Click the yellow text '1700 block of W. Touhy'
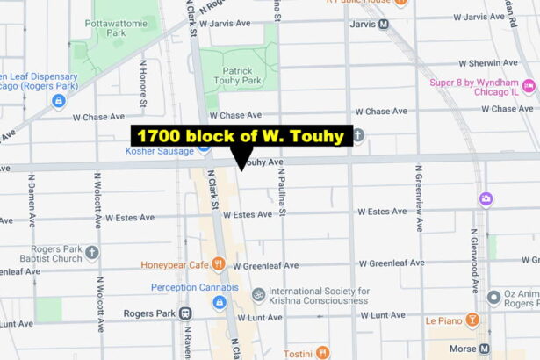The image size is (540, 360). click(x=241, y=135)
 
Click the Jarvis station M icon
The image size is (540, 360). click(x=383, y=24)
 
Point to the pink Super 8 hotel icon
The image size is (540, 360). click(x=529, y=85)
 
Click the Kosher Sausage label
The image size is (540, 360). click(x=162, y=149)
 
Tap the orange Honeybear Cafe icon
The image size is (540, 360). click(x=219, y=264)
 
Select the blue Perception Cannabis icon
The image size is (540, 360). click(x=220, y=302)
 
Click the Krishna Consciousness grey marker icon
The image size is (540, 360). click(x=258, y=295)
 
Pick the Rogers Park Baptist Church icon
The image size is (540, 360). click(x=92, y=252)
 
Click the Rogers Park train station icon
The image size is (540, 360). click(x=185, y=313)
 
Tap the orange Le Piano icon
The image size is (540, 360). click(x=472, y=320)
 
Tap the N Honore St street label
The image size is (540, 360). click(x=142, y=88)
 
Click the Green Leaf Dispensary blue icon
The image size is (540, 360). click(x=59, y=101)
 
